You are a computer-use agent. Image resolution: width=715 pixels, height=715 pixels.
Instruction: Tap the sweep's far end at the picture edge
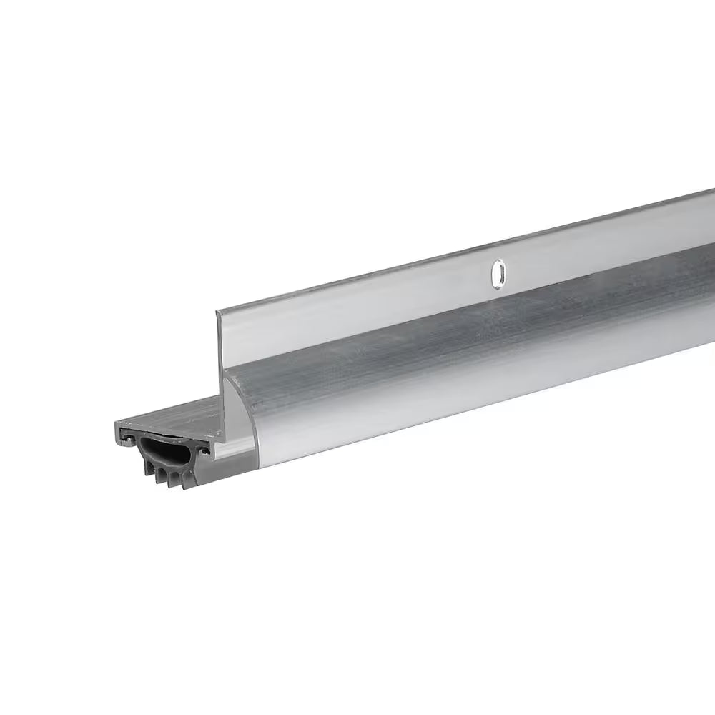pos(708,250)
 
